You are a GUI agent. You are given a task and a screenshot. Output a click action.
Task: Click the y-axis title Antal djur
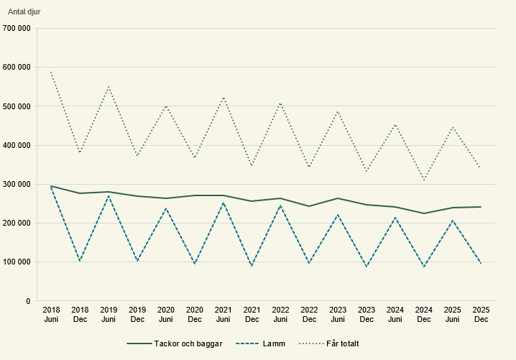tap(24, 11)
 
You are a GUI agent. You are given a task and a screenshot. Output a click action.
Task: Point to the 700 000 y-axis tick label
tap(17, 29)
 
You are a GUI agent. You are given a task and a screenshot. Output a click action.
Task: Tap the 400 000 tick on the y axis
tap(17, 145)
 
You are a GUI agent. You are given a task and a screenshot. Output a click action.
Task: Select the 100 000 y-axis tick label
tap(17, 262)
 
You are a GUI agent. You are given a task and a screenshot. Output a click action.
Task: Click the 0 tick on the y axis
tap(27, 301)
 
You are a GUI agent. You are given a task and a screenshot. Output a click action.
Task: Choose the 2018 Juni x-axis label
tap(51, 314)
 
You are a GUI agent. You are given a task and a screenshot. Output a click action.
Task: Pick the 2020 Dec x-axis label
tap(194, 314)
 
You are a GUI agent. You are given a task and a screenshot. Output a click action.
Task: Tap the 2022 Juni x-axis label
tap(280, 314)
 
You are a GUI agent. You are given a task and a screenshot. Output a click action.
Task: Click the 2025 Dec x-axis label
tap(481, 314)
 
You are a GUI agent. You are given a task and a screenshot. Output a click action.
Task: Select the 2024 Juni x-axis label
tap(395, 314)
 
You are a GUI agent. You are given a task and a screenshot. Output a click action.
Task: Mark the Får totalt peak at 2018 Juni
tap(51, 72)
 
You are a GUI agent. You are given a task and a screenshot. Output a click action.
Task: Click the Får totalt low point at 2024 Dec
tap(424, 180)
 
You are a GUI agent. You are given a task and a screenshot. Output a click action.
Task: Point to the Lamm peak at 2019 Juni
tap(109, 195)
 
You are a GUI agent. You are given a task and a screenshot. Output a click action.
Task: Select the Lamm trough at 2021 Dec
tap(252, 267)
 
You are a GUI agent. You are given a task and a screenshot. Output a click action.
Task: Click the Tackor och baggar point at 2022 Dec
tap(309, 206)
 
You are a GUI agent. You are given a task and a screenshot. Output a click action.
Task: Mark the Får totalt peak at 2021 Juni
tap(224, 98)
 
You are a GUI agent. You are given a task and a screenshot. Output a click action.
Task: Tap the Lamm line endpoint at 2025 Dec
tap(481, 264)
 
